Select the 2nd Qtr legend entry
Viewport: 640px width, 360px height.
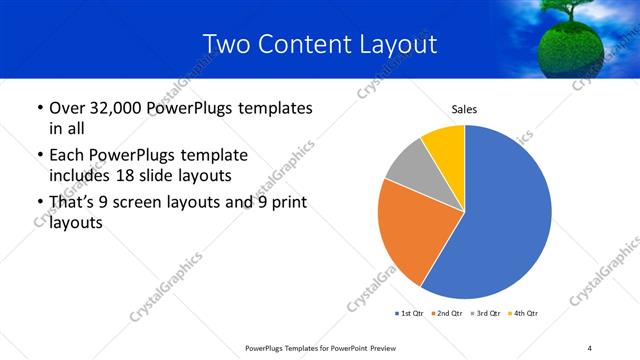pos(446,314)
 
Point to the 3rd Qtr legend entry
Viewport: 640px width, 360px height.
pos(484,314)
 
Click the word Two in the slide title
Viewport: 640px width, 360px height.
pos(225,44)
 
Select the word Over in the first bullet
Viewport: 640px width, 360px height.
pos(67,108)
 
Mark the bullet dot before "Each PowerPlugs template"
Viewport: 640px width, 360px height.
pos(39,157)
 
